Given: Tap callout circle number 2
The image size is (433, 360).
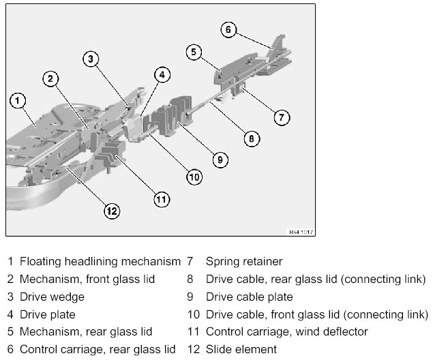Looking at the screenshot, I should (x=50, y=78).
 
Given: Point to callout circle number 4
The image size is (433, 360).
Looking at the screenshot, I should (x=161, y=75).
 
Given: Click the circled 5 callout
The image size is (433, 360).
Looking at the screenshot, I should (x=194, y=52).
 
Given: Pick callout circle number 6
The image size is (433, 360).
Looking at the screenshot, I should (x=228, y=29).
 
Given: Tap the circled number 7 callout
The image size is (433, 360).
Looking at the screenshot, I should (x=282, y=117).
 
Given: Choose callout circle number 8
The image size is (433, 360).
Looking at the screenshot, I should (x=251, y=138).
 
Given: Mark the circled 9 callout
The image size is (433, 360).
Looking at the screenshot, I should (x=219, y=160).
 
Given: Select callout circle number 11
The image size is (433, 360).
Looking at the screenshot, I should (x=161, y=200).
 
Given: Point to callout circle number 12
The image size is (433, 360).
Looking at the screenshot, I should (x=111, y=211).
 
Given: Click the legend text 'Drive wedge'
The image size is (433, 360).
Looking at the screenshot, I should (x=52, y=297).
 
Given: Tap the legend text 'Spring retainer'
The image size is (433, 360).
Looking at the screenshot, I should (x=243, y=261).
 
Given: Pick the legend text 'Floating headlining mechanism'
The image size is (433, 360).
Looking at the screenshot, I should (x=100, y=261).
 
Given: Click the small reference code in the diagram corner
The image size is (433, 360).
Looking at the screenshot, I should (x=295, y=230).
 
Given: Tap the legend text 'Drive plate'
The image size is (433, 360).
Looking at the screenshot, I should (x=47, y=314).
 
